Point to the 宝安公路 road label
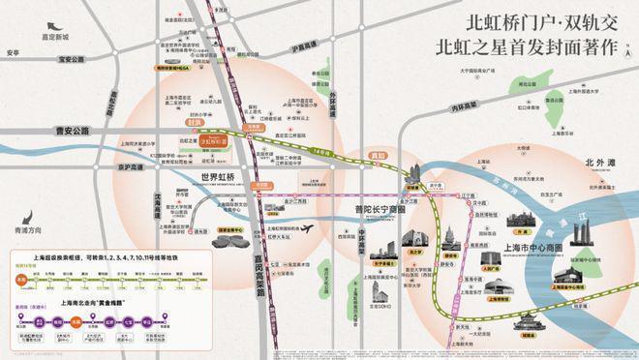47,71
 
